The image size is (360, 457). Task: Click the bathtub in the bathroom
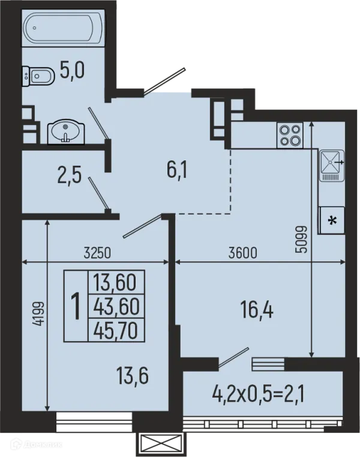63,28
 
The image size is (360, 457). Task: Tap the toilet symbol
38,76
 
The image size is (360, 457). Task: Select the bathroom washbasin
66,133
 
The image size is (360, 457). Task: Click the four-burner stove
290,136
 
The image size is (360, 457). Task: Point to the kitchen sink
332,165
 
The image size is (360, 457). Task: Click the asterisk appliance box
332,220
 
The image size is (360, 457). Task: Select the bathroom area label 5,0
72,70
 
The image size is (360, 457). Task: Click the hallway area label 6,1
177,169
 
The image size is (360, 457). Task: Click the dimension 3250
97,253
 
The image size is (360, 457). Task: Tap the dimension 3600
243,253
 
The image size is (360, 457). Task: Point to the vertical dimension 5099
301,240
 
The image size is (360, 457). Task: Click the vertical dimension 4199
38,313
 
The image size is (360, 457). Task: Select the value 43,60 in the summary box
116,306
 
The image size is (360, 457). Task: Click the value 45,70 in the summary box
116,331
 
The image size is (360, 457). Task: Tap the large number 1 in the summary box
76,306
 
